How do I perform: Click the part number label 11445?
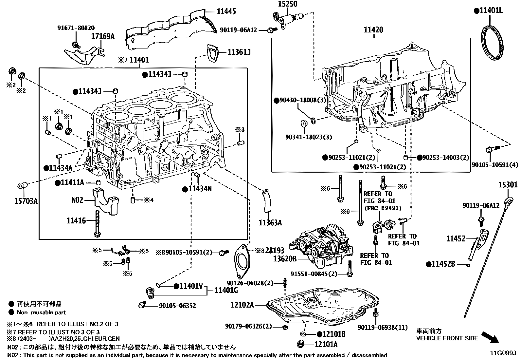coord(226,11)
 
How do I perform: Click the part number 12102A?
coord(242,305)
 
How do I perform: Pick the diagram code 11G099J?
coord(503,353)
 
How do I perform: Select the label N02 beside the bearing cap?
coord(78,199)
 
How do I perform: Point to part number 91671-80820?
coord(76,28)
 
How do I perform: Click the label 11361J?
coord(239,52)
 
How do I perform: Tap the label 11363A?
coord(270,223)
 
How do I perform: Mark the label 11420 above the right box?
coord(373,30)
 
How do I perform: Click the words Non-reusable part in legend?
coord(41,313)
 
